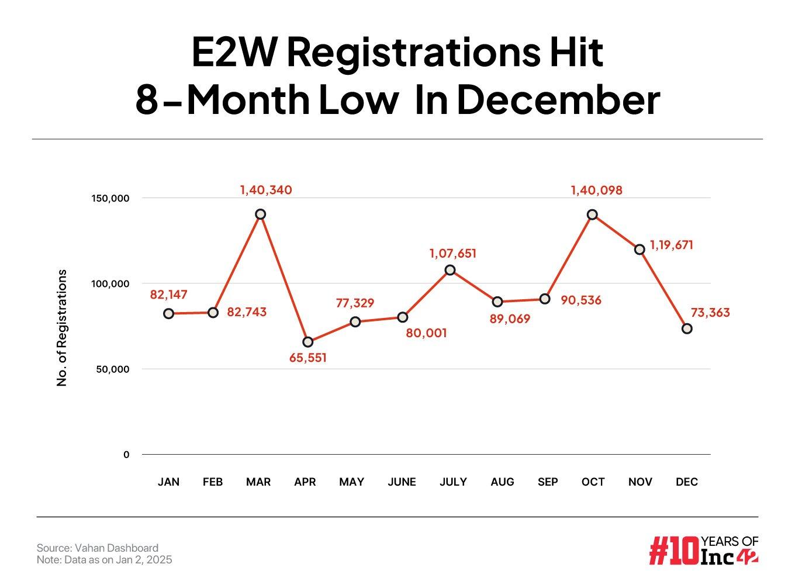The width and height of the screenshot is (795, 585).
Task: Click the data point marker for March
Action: (261, 214)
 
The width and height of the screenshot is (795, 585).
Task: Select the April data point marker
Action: (308, 342)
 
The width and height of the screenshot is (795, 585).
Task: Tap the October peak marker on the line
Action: (592, 214)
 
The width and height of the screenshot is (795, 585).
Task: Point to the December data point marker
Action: (687, 328)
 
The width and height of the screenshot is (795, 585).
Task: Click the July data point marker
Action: (450, 270)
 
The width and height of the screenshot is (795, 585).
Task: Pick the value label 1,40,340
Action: (266, 190)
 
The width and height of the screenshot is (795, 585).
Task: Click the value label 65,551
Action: (308, 358)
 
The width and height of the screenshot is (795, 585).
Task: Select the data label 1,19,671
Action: (671, 245)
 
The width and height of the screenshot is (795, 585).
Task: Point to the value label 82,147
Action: (169, 295)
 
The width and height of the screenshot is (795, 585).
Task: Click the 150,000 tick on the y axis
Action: (110, 198)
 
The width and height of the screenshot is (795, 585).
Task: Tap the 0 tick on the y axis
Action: (126, 455)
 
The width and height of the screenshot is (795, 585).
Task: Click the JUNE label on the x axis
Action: (402, 482)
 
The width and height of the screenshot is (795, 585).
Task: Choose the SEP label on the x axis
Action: (548, 482)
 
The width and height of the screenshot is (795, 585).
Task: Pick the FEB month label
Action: (213, 482)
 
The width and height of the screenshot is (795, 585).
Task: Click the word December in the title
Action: (558, 99)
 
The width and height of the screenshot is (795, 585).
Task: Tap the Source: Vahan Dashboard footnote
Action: (98, 548)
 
